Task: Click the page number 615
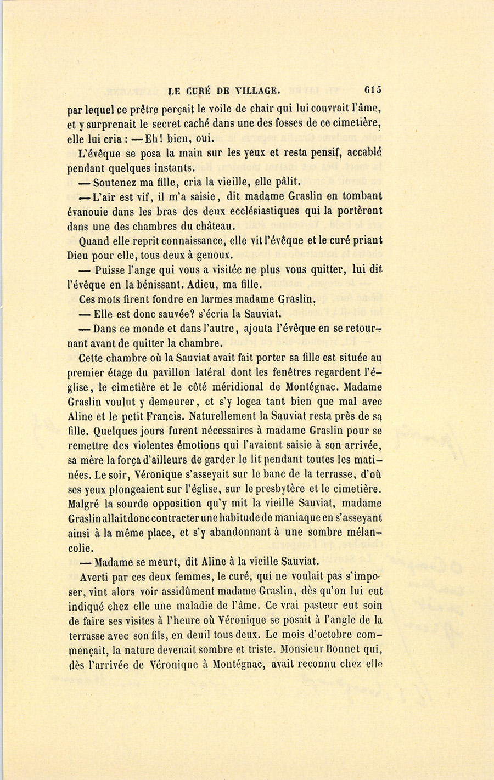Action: coord(372,90)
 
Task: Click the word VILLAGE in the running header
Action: coord(258,91)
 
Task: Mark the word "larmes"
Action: coord(208,299)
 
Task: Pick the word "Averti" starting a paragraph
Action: coord(97,576)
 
